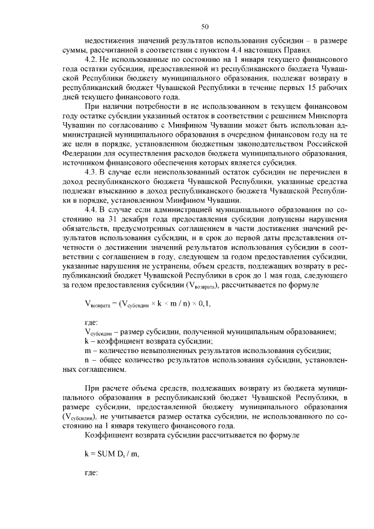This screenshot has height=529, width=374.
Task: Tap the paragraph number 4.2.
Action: point(92,60)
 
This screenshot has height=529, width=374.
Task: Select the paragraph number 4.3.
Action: point(92,172)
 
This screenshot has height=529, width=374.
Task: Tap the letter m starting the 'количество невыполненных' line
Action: point(86,350)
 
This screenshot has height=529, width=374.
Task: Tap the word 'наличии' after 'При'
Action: point(122,106)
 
